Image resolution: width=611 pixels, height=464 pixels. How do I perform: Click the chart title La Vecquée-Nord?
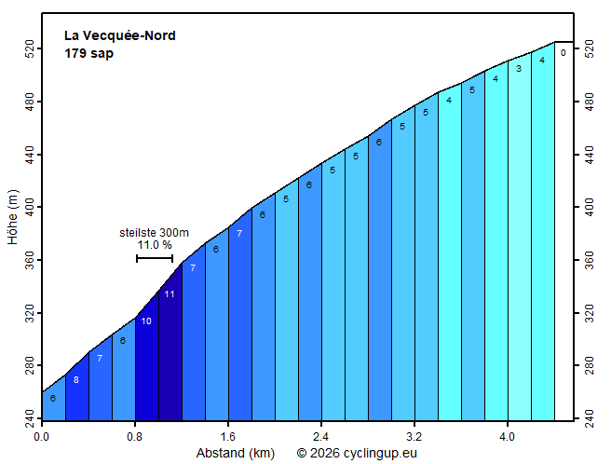[x=119, y=36]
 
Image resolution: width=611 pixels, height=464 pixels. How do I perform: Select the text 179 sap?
[x=88, y=53]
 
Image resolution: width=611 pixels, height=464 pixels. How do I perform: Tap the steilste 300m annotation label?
[x=155, y=233]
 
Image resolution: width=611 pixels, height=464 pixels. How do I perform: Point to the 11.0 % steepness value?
[x=155, y=245]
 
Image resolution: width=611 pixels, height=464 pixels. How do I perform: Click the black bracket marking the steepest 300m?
[x=155, y=258]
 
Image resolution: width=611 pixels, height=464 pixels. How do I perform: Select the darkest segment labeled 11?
[x=170, y=354]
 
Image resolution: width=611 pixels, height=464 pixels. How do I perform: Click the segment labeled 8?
[x=76, y=391]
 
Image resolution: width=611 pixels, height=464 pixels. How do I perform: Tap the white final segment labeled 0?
[x=563, y=233]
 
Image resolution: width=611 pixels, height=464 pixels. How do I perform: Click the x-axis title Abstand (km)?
[x=235, y=454]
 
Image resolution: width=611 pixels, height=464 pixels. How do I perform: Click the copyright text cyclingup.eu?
[x=357, y=454]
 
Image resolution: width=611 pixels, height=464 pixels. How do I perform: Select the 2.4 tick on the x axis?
[x=321, y=435]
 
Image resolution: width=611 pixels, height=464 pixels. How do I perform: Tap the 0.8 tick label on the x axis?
[x=135, y=435]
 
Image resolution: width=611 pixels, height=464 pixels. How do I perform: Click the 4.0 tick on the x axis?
[x=508, y=435]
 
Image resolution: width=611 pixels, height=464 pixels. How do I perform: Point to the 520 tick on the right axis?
[x=589, y=48]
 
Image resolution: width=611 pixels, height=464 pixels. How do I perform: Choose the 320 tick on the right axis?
[x=589, y=313]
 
